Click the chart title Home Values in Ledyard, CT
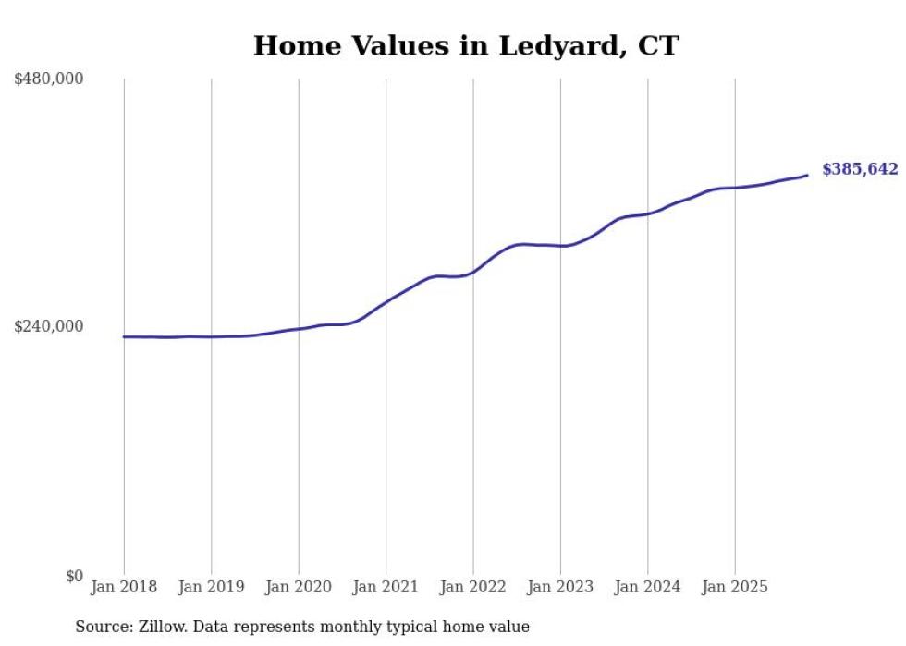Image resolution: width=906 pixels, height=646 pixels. coord(466,45)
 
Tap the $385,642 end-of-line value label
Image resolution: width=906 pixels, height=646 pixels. coord(860,169)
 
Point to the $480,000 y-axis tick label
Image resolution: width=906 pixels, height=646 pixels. coord(49,79)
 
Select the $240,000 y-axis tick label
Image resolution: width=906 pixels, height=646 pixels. coord(49,326)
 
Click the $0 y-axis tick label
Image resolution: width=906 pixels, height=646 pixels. coord(74,576)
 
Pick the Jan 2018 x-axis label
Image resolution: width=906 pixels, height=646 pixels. coord(124,587)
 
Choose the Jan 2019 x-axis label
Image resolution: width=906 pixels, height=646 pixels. coord(211,587)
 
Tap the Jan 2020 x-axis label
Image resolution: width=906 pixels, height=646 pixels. coord(299,587)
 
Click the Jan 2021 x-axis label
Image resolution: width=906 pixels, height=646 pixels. coord(386,587)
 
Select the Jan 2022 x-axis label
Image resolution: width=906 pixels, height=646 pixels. coord(472,587)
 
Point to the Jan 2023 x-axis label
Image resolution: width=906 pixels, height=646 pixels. coord(560,587)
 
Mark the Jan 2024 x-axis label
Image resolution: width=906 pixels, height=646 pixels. coord(647,587)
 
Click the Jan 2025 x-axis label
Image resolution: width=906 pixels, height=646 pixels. coord(735,587)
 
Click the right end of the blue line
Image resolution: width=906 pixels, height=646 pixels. coord(807,175)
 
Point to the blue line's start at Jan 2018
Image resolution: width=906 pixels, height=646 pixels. coord(124,336)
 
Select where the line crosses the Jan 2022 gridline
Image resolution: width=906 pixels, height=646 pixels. coord(473,272)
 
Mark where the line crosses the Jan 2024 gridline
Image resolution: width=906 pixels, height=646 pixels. coord(648,213)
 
